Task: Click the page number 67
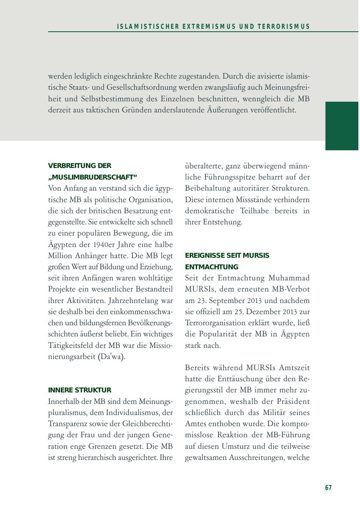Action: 328,488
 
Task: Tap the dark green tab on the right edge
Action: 342,126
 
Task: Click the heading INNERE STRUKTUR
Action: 80,390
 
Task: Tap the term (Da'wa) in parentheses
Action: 111,357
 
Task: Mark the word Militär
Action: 276,413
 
